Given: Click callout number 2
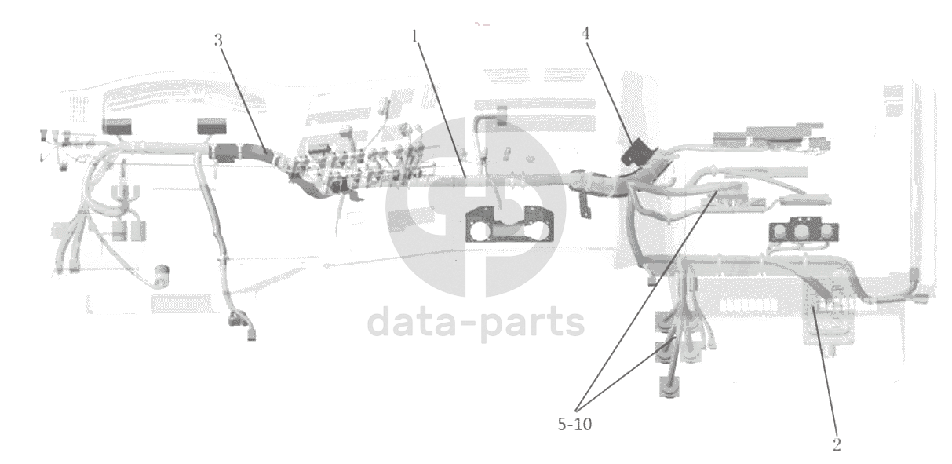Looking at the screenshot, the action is pyautogui.click(x=837, y=444).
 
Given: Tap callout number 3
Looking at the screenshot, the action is pyautogui.click(x=218, y=41).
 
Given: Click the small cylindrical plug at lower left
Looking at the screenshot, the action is pyautogui.click(x=163, y=276).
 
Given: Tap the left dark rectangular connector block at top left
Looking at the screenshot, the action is pyautogui.click(x=117, y=127).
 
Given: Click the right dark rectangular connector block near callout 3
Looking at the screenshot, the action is pyautogui.click(x=211, y=126).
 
